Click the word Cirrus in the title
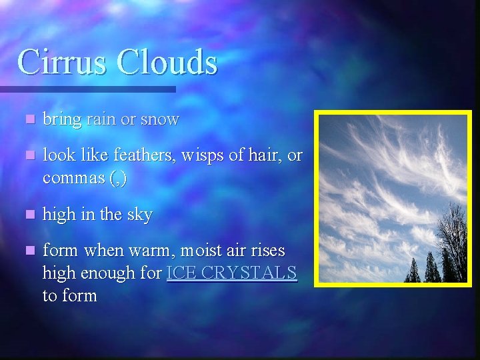[65, 62]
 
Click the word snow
[161, 120]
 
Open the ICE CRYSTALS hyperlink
[232, 273]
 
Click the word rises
[267, 251]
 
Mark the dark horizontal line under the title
[87, 89]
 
